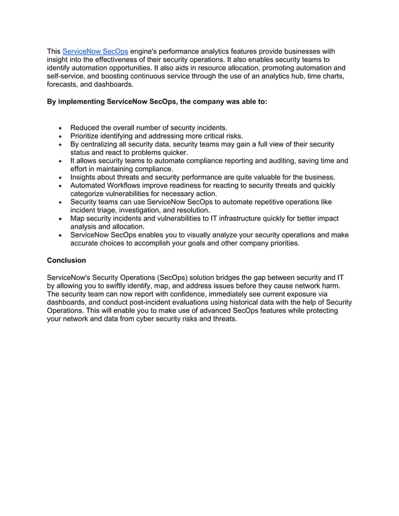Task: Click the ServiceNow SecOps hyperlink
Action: [x=95, y=51]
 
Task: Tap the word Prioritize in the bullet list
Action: [x=88, y=136]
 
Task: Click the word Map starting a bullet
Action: [x=78, y=219]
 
